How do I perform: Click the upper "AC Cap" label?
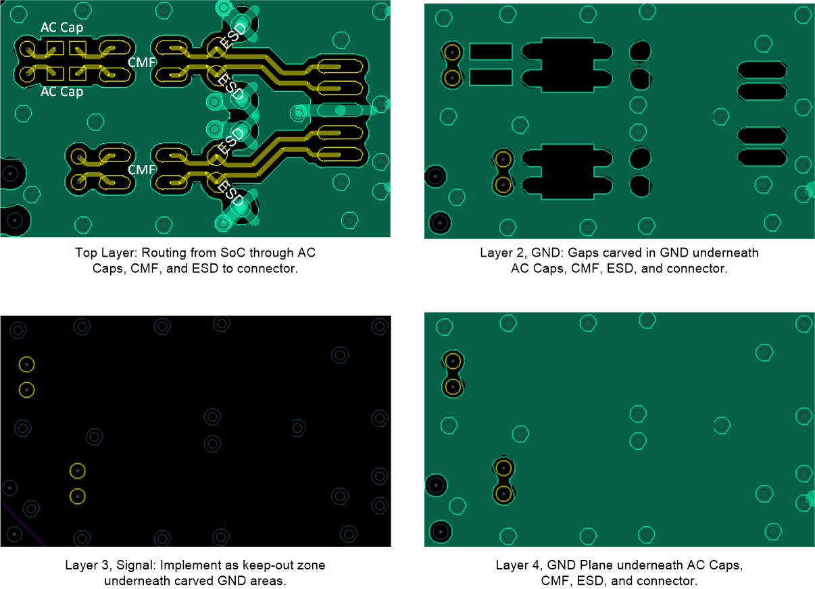[62, 28]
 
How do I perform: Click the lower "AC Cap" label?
[62, 92]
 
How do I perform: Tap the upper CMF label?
[141, 63]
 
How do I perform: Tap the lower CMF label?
[141, 170]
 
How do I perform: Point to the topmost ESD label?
[234, 35]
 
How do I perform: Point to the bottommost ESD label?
[230, 193]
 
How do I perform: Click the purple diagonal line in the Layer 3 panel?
[23, 524]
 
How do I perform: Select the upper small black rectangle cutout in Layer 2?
[491, 51]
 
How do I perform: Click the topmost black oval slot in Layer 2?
[762, 70]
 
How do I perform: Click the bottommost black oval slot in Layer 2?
[762, 157]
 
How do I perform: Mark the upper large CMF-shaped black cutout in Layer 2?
[567, 65]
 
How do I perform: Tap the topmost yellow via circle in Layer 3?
[26, 364]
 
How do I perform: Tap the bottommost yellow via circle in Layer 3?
[78, 496]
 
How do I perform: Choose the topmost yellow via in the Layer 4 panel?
[453, 361]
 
